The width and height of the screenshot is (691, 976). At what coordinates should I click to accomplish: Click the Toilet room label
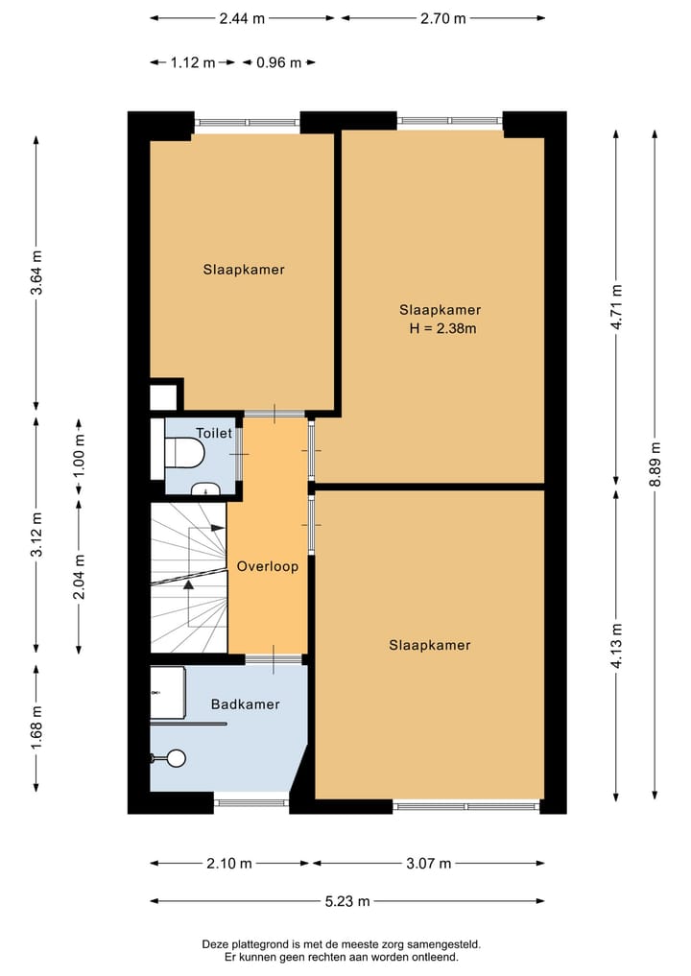[213, 433]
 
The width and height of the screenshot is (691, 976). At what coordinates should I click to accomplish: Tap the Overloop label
[268, 566]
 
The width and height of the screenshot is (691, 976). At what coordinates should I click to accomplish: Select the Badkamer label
[246, 704]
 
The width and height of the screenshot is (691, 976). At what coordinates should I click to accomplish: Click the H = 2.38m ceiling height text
[442, 328]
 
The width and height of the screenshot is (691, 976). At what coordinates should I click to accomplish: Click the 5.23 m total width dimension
[347, 901]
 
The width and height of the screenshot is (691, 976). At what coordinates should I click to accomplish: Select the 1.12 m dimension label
[193, 62]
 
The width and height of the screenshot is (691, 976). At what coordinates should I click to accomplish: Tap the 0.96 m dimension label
[279, 62]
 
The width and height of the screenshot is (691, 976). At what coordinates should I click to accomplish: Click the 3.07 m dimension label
[428, 864]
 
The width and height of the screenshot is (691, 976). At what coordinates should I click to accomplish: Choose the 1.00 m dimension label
[79, 456]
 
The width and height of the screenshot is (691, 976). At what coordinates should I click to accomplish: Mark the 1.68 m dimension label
[36, 728]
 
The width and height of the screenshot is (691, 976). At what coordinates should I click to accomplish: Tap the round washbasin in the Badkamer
[176, 758]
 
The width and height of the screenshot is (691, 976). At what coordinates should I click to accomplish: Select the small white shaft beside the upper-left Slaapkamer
[163, 397]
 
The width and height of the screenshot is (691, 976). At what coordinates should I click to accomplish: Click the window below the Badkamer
[251, 802]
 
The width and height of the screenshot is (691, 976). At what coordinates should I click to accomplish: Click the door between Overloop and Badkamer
[274, 658]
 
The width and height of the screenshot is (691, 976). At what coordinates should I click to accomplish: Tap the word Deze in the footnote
[213, 944]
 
